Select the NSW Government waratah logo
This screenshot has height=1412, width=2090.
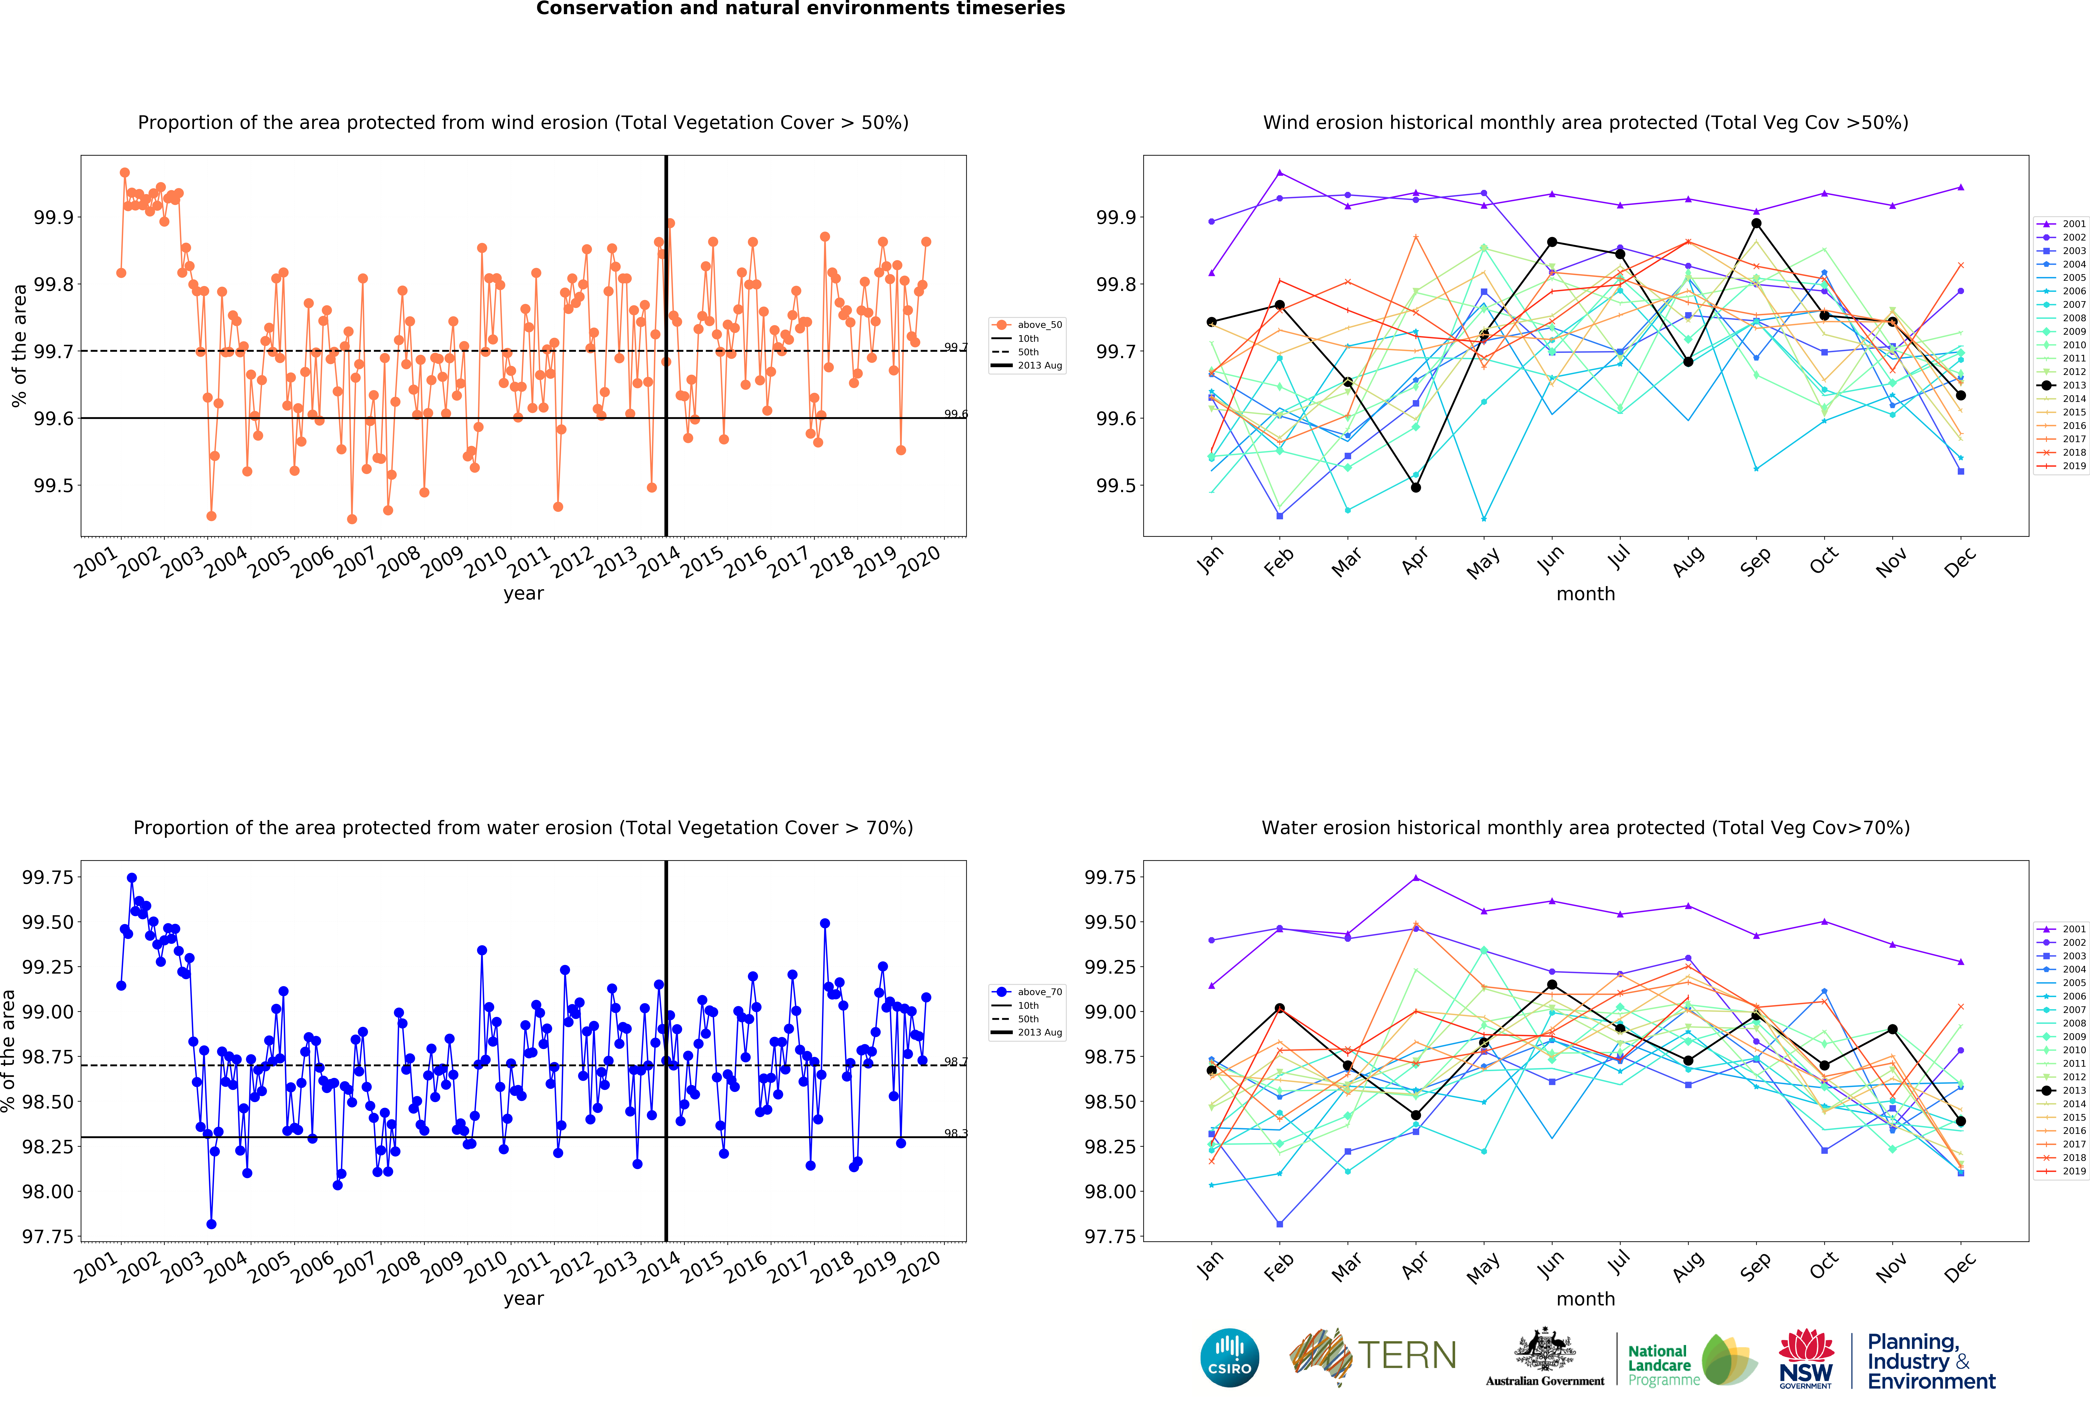(1806, 1358)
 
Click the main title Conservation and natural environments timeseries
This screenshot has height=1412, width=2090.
(800, 9)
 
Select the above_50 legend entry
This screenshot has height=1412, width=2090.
(1028, 325)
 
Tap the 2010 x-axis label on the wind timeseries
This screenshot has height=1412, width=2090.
(486, 562)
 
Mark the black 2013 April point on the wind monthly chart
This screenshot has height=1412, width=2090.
(1415, 487)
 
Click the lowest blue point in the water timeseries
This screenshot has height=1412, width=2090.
(211, 1224)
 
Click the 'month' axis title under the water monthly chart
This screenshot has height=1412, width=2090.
(1585, 1299)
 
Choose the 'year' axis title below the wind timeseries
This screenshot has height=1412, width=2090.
(523, 594)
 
